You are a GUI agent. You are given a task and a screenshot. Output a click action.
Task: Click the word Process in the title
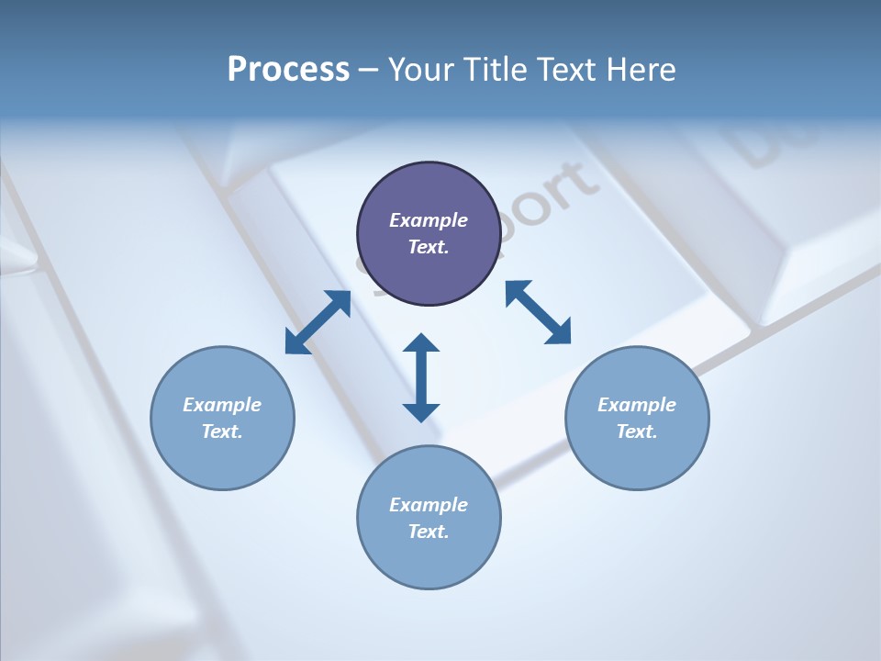pyautogui.click(x=288, y=70)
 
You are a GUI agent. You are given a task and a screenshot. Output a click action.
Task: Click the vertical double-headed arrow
pyautogui.click(x=421, y=377)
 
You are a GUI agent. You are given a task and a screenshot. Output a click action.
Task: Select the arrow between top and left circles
pyautogui.click(x=318, y=322)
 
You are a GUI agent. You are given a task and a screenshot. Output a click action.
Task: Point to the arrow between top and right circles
pyautogui.click(x=538, y=312)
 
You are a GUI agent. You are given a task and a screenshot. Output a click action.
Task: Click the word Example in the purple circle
pyautogui.click(x=429, y=220)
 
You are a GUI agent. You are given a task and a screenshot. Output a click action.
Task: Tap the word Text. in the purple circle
pyautogui.click(x=429, y=247)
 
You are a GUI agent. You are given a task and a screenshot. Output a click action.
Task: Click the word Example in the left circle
pyautogui.click(x=222, y=405)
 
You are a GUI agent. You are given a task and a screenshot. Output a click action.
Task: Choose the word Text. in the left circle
pyautogui.click(x=222, y=431)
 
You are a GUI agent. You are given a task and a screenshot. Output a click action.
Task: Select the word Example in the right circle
pyautogui.click(x=637, y=405)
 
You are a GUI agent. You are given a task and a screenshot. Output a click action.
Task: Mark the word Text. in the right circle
pyautogui.click(x=637, y=431)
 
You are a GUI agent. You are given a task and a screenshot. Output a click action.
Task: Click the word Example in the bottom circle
pyautogui.click(x=429, y=505)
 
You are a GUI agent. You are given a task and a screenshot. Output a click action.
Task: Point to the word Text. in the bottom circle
pyautogui.click(x=429, y=532)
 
